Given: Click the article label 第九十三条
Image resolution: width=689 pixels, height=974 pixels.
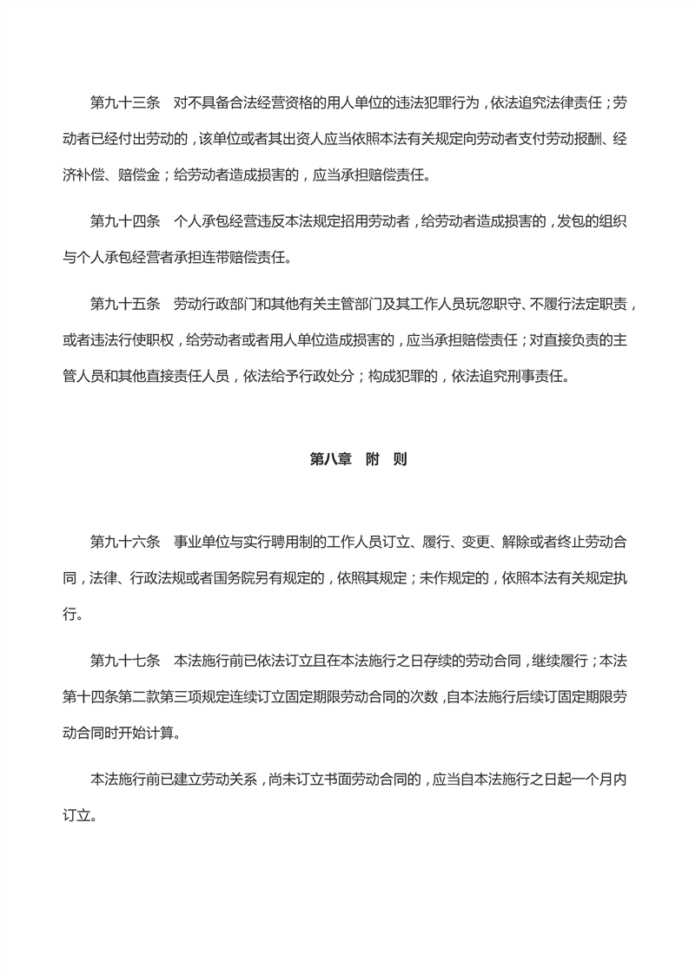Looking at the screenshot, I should tap(125, 103).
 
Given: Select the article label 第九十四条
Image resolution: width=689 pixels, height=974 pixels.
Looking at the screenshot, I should tap(125, 222).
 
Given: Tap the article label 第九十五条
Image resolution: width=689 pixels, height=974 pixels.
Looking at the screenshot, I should tap(125, 304).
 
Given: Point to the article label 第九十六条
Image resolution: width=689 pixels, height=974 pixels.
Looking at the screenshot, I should tap(125, 542).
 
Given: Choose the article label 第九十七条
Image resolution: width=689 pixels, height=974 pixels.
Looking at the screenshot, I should tap(125, 661).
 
